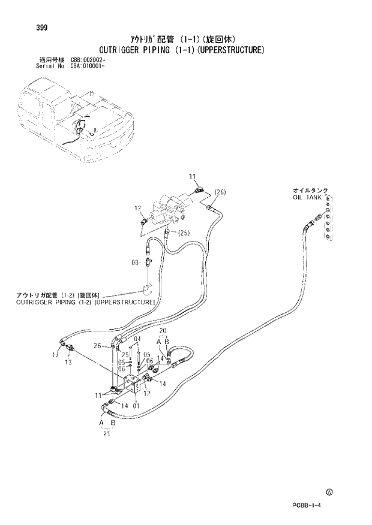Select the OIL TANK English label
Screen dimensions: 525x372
coord(307,197)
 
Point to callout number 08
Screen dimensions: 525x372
coord(136,261)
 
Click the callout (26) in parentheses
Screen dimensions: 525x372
coord(219,192)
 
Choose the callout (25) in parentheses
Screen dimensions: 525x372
coord(184,232)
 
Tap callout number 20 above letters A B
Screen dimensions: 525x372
coord(162,331)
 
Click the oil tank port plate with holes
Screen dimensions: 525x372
coord(328,221)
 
